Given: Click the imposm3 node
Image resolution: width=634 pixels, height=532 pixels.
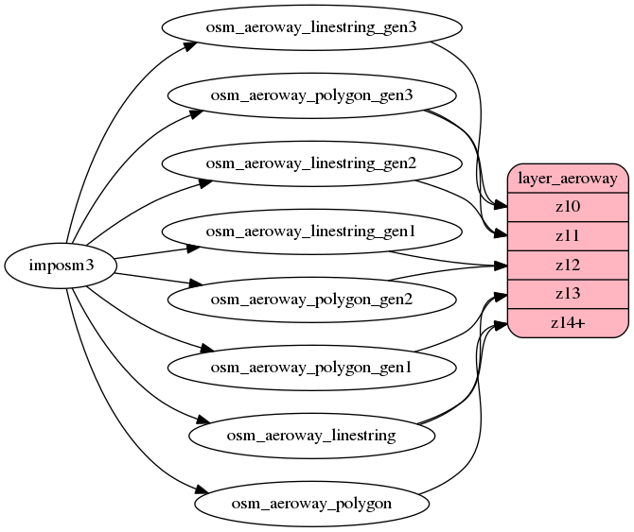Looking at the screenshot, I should click(x=61, y=266).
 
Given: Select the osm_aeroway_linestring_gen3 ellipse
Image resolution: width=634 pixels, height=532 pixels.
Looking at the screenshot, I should click(x=310, y=26).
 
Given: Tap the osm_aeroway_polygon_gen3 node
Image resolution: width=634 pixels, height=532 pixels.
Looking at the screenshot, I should click(x=310, y=94).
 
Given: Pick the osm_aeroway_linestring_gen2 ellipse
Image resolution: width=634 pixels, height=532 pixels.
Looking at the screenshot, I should click(x=310, y=163).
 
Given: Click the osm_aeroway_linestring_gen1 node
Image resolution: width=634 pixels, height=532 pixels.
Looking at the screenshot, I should click(x=310, y=231).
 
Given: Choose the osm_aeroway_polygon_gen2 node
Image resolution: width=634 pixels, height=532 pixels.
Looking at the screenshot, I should click(x=310, y=299).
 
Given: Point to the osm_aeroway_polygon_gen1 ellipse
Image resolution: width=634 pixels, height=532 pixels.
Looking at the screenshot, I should click(x=310, y=367).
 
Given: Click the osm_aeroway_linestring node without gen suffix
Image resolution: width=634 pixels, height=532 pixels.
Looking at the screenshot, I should click(x=311, y=435).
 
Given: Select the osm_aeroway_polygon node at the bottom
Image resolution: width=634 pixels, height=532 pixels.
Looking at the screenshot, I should click(x=310, y=503).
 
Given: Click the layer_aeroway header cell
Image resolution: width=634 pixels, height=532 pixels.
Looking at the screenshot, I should click(x=568, y=178).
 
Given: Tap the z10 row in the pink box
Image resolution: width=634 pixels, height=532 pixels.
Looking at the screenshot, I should click(x=568, y=206).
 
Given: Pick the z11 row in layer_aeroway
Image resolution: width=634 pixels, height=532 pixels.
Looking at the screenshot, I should click(x=568, y=235).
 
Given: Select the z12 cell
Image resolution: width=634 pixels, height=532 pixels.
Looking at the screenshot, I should click(x=568, y=265).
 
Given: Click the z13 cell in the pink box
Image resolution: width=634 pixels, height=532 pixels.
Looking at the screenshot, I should click(x=568, y=294).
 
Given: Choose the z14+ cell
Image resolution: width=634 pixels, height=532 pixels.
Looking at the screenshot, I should click(x=568, y=323).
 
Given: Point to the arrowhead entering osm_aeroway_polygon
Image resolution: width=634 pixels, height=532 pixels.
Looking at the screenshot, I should click(x=202, y=491).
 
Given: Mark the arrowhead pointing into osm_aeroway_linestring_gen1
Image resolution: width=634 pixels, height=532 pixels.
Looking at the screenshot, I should click(x=193, y=249).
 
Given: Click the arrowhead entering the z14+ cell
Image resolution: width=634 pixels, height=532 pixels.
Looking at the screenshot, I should click(x=502, y=327).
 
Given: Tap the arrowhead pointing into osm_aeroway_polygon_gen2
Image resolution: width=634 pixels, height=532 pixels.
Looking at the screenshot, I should click(x=198, y=284).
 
